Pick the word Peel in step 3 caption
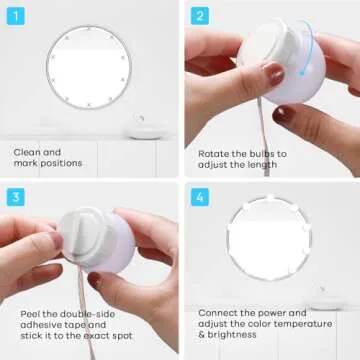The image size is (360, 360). [31, 313]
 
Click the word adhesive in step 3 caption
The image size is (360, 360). [41, 324]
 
